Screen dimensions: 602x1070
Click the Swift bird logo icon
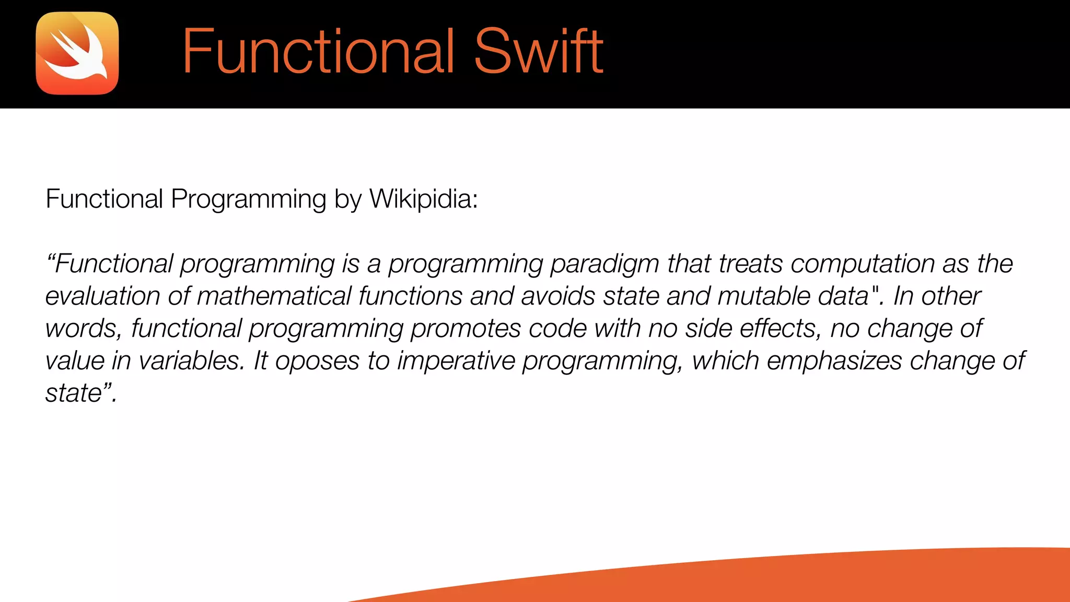click(x=77, y=53)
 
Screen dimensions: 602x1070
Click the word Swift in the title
click(x=538, y=52)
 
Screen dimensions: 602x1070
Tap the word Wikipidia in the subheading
click(x=423, y=199)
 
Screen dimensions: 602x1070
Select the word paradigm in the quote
click(x=604, y=264)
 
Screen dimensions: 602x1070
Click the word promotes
click(x=466, y=329)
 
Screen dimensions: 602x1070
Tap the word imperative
click(x=456, y=361)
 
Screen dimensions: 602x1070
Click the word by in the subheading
click(x=348, y=200)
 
